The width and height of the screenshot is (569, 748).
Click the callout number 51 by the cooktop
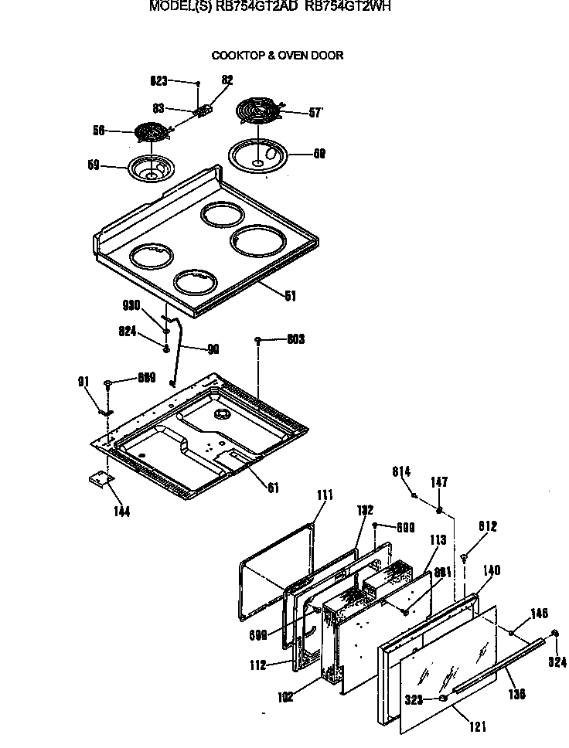click(290, 295)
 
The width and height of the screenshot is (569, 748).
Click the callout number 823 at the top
click(158, 80)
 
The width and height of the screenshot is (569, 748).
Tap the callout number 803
click(295, 339)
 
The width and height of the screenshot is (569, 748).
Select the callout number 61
click(273, 488)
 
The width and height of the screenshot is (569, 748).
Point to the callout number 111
click(325, 495)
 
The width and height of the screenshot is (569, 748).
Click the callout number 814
click(401, 471)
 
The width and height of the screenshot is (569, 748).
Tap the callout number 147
click(439, 482)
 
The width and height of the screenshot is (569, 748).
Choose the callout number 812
click(486, 526)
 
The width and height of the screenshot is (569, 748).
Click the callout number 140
click(492, 570)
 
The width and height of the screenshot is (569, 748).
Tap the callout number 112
click(257, 664)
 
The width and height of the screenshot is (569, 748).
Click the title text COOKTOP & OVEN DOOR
click(278, 56)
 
